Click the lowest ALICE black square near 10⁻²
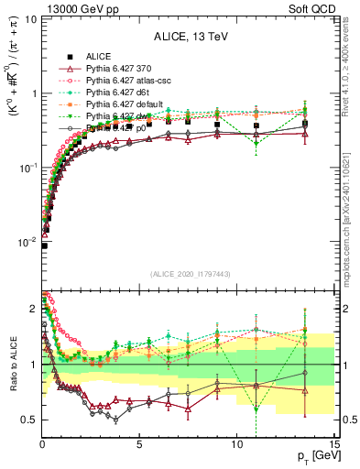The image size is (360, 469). coord(44,245)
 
